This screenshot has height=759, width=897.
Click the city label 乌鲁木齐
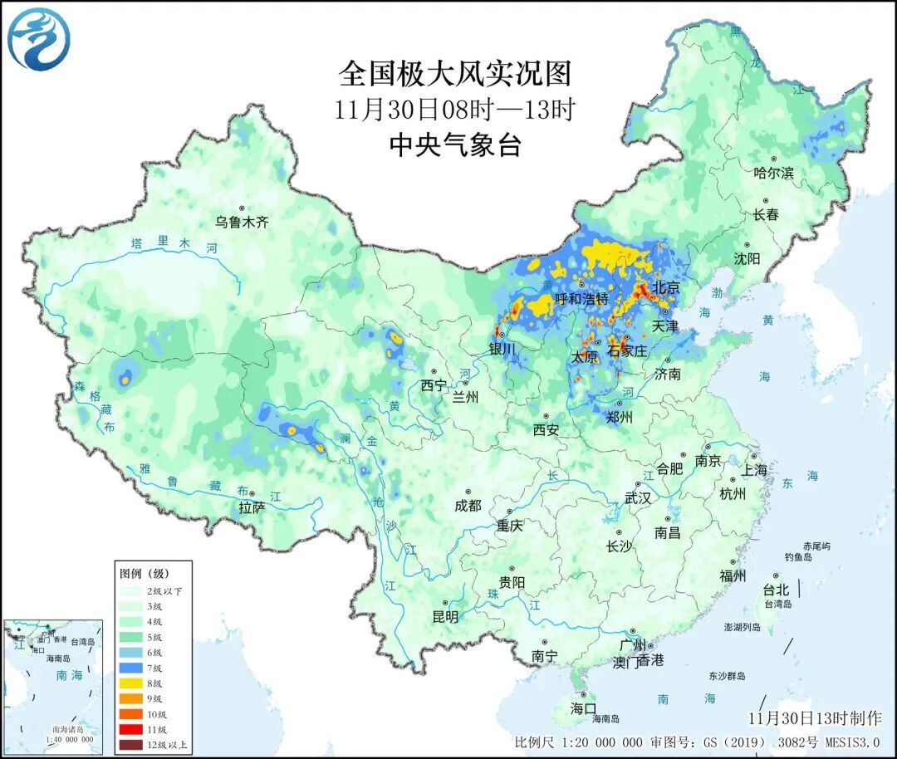coord(243,222)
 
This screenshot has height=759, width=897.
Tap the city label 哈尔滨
coord(773,174)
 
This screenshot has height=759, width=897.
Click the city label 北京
coord(666,288)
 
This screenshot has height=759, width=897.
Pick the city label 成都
coord(468,505)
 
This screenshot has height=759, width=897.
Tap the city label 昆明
coord(445,617)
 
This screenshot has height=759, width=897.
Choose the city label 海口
coord(583,708)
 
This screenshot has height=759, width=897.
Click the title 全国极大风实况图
coord(454,74)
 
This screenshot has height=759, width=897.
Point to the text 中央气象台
coord(454,145)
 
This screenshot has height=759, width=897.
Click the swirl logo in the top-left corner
coord(38,39)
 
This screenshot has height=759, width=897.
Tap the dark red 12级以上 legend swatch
coord(131,745)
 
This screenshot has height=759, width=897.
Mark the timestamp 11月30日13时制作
coord(815,717)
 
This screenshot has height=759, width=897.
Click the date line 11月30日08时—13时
coord(454,110)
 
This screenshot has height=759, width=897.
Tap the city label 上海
coord(755,470)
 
